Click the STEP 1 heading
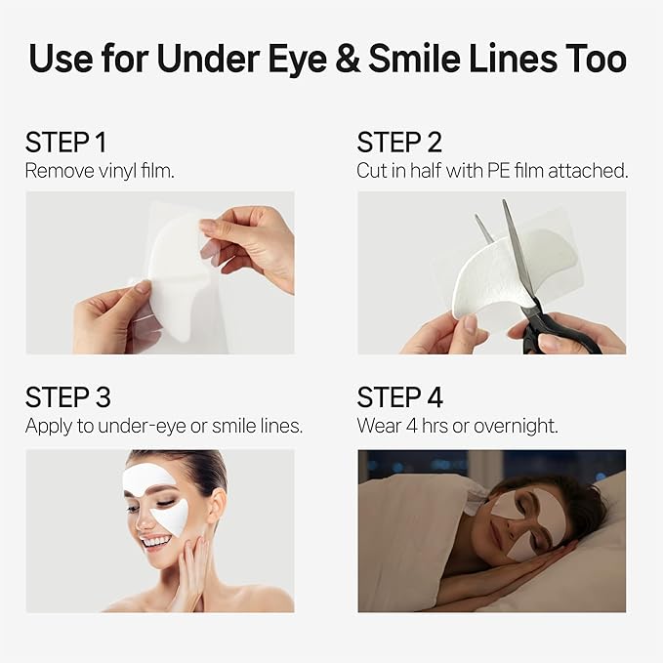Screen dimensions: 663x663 click(65, 144)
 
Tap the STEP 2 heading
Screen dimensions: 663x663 click(399, 144)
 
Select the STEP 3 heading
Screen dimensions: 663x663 click(67, 397)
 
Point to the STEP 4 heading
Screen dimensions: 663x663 click(400, 397)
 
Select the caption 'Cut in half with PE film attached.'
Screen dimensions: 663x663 click(492, 170)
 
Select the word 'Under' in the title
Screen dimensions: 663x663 click(219, 59)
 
